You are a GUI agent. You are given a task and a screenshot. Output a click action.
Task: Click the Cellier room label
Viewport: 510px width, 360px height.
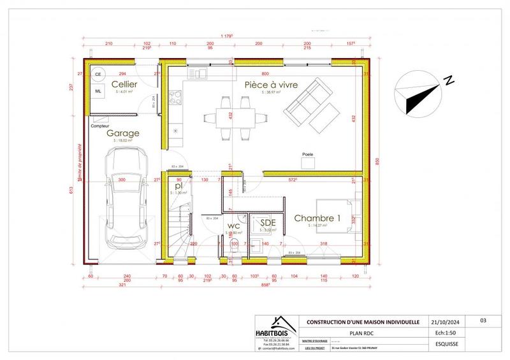[125, 84]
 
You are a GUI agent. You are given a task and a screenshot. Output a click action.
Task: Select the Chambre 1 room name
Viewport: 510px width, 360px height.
[317, 218]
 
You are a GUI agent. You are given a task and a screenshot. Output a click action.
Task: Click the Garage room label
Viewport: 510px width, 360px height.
[123, 134]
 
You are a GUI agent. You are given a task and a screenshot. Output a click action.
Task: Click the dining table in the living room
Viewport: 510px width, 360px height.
[227, 116]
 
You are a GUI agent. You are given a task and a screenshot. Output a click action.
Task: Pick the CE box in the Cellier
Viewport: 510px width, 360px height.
[98, 75]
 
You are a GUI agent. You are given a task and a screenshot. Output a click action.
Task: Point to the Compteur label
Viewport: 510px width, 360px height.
[99, 126]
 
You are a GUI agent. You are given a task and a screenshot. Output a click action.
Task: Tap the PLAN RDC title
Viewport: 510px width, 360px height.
[363, 333]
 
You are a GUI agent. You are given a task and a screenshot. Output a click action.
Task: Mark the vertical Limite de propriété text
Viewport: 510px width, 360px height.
[79, 180]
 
